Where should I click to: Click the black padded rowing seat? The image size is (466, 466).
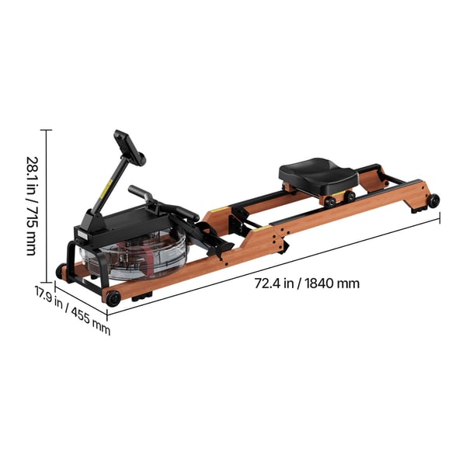pos(318,175)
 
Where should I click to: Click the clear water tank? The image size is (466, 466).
pos(134,255)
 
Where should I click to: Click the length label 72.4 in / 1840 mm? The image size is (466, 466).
pos(307,283)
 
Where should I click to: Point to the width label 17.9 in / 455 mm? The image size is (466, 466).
pos(73,310)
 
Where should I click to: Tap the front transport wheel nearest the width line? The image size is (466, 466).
pos(113,298)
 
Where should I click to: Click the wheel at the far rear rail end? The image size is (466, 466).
pos(433,200)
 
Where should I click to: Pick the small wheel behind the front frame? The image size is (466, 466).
pos(60,271)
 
